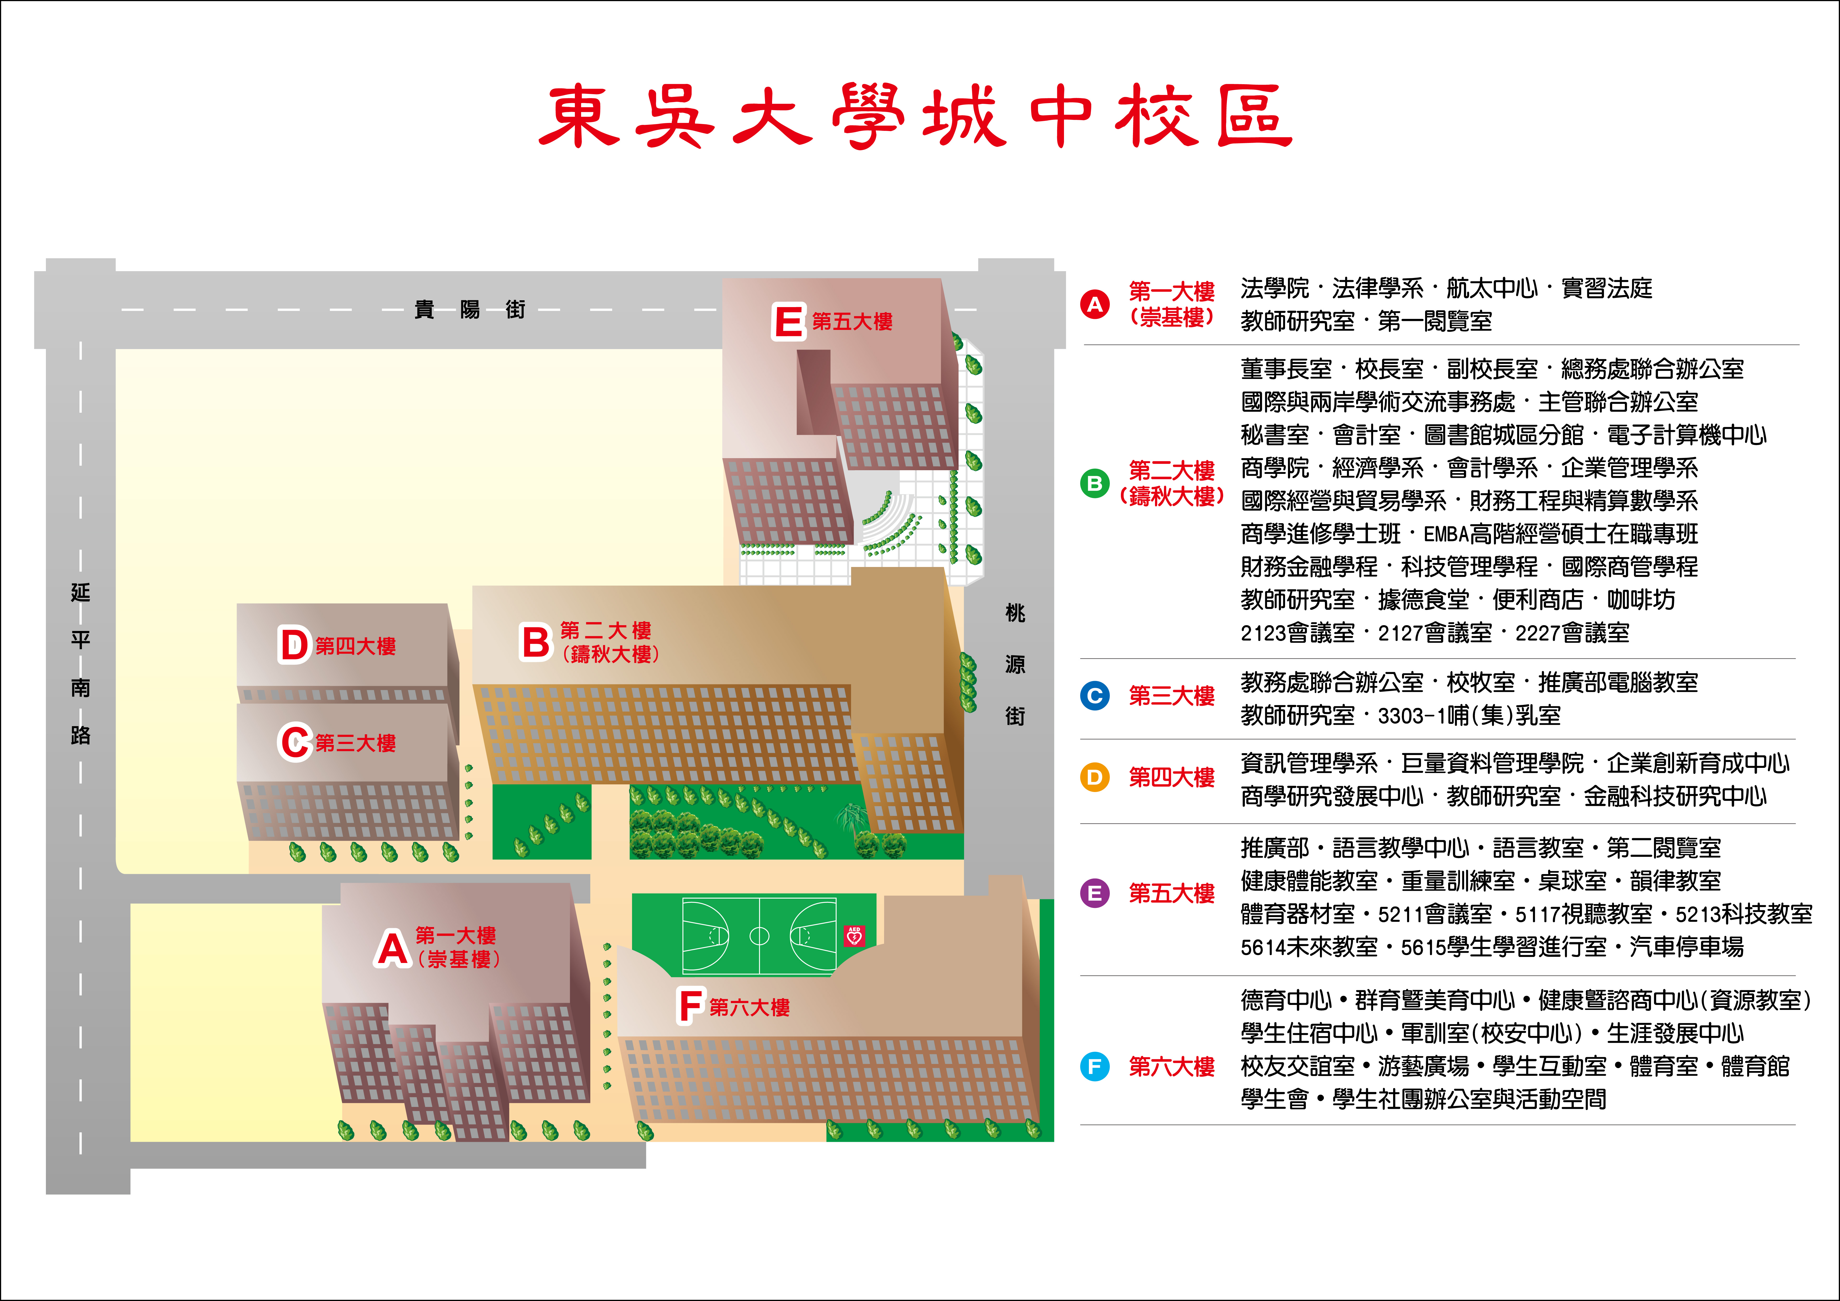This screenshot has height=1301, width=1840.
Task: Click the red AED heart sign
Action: click(x=854, y=935)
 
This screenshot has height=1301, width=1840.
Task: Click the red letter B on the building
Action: click(x=536, y=643)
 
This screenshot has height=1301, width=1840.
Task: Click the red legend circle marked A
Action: click(x=1095, y=305)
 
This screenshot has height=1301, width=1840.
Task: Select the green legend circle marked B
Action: click(x=1095, y=483)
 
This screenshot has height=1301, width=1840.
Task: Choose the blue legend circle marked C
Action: click(x=1095, y=696)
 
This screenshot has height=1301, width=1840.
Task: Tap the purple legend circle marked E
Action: click(x=1095, y=893)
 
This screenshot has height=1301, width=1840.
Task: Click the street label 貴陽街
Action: click(x=470, y=309)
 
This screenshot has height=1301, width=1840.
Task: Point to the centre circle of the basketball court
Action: click(x=759, y=935)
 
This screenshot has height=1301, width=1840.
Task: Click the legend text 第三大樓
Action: click(x=1172, y=696)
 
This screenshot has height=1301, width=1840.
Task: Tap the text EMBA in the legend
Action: click(x=1447, y=534)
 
